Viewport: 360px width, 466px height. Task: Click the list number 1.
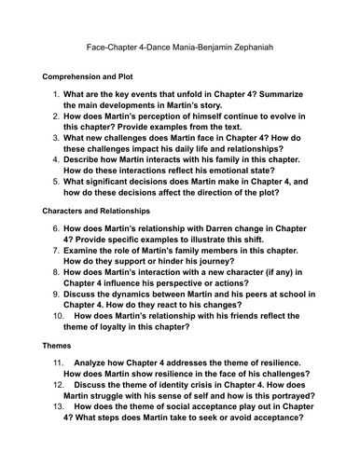56,94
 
